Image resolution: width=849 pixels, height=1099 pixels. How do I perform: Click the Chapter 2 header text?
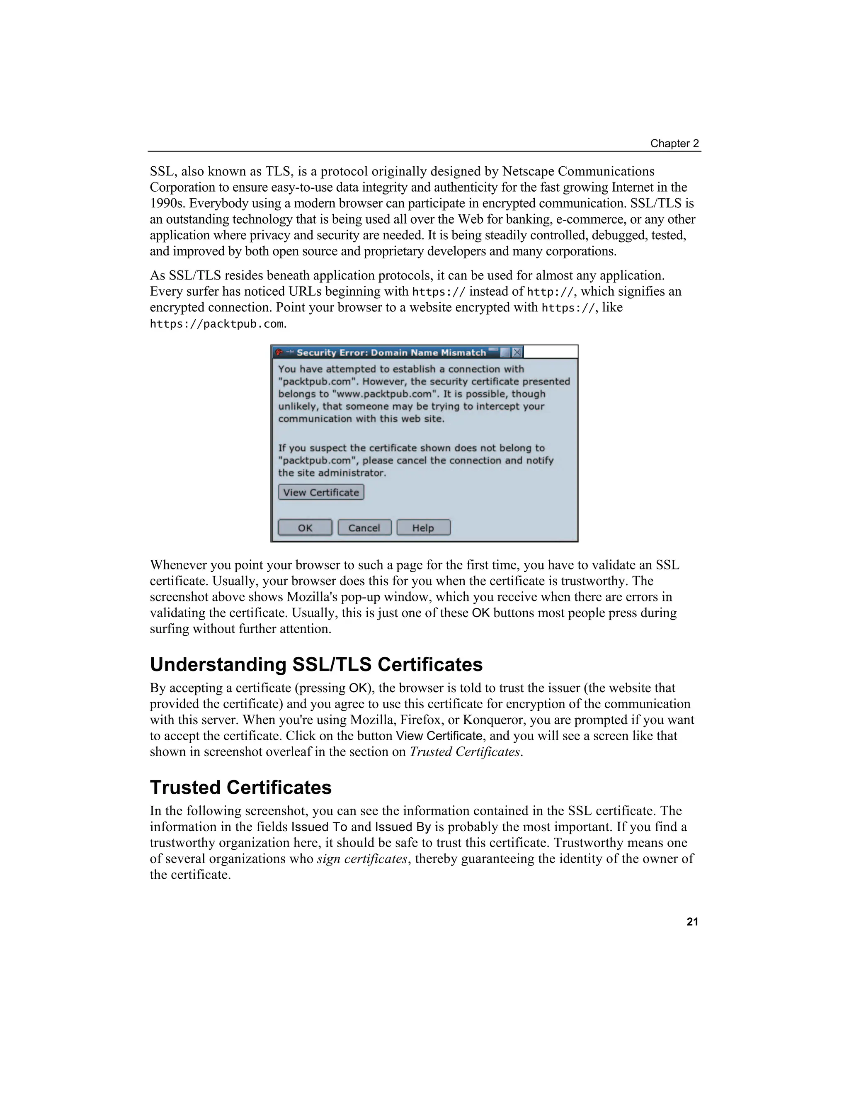point(674,143)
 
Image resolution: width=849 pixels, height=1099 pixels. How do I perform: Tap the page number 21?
point(692,922)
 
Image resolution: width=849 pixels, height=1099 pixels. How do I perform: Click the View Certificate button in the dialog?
point(321,492)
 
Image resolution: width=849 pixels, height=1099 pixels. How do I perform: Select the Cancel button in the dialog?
point(364,528)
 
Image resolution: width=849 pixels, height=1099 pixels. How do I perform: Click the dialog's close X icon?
point(517,352)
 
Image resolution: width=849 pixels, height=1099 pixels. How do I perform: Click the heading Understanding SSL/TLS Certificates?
point(316,664)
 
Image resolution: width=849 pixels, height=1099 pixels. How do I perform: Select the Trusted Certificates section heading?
point(240,788)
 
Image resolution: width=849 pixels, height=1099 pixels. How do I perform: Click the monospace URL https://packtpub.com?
point(217,324)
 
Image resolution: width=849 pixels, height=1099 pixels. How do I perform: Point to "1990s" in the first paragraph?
point(167,203)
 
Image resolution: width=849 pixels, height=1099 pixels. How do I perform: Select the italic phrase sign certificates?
point(361,858)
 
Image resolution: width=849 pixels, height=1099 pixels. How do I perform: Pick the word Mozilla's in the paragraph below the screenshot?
point(313,597)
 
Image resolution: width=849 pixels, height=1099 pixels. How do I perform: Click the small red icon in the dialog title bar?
point(279,352)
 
